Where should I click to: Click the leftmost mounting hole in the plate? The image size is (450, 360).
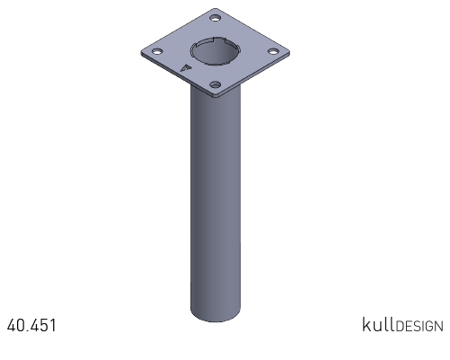pos(157,51)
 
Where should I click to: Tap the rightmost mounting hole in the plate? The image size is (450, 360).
pos(272,52)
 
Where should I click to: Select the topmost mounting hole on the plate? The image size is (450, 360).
pos(215,18)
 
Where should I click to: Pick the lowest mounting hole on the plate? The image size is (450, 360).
pos(215,85)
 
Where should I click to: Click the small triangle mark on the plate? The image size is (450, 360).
pos(186,68)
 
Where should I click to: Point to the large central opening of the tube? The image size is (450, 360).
pos(215,51)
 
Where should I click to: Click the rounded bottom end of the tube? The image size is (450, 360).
pos(216,316)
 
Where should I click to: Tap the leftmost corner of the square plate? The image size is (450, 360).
pos(141,53)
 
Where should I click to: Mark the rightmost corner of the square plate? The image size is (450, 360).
pos(289,53)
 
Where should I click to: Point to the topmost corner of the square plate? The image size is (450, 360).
pos(215,9)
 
